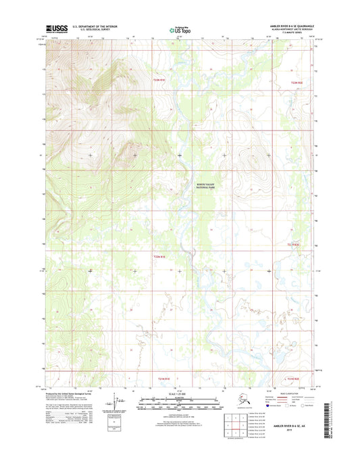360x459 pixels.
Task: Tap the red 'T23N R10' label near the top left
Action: (159, 81)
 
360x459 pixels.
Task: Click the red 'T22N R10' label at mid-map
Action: (159, 256)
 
